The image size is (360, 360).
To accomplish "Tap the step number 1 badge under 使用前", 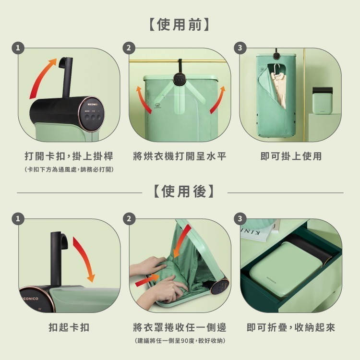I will [19, 48].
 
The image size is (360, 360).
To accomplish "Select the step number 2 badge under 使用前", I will [129, 48].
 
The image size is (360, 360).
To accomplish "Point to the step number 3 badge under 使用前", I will [240, 48].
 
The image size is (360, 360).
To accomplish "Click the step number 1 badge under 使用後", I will [19, 219].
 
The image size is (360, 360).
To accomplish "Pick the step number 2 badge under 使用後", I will [129, 219].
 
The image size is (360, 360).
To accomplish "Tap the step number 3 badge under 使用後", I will [240, 219].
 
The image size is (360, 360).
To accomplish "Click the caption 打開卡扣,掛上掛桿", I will [69, 156].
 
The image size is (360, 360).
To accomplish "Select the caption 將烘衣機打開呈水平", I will [180, 156].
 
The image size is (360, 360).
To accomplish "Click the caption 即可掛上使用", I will [291, 156].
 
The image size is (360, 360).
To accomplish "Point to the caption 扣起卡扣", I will [69, 327].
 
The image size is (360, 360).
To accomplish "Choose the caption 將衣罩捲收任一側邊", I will [180, 327].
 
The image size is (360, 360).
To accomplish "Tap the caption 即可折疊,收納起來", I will [291, 327].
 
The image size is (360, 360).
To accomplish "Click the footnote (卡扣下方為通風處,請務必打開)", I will [69, 169].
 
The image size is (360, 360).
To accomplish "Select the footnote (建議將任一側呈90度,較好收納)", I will [180, 340].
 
